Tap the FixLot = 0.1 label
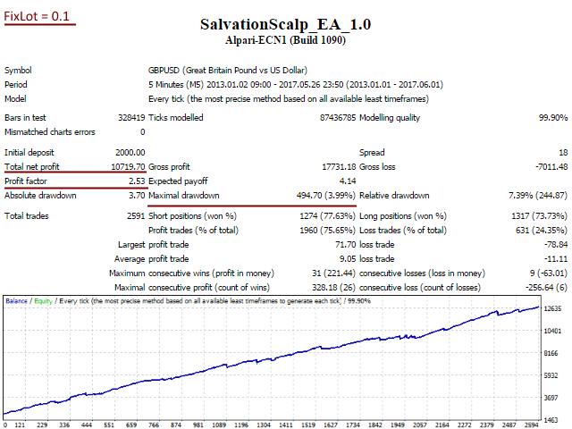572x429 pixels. [40, 16]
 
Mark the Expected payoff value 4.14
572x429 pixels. [349, 181]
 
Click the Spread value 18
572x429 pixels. [562, 153]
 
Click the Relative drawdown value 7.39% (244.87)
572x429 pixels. [534, 196]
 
